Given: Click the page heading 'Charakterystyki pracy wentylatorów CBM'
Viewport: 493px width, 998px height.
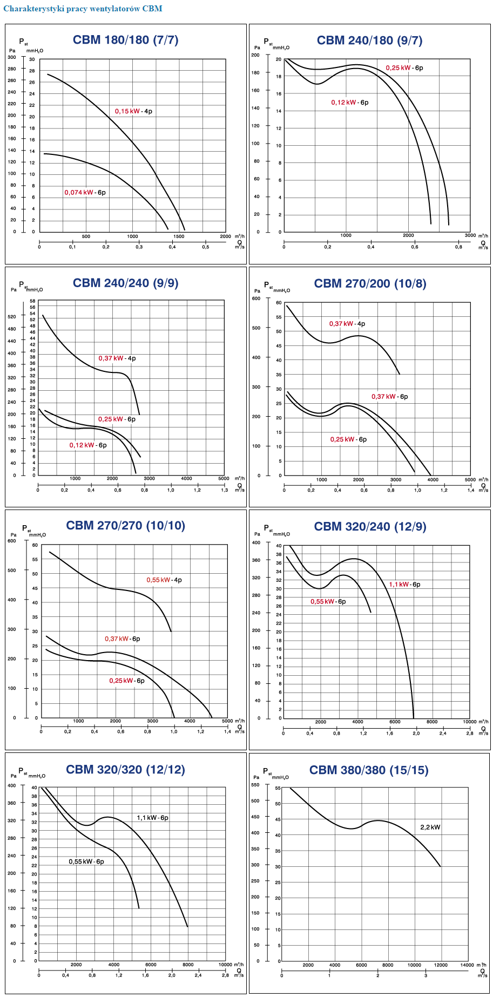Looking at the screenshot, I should coord(83,9).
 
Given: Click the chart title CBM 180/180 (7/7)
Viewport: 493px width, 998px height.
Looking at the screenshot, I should coord(126,40).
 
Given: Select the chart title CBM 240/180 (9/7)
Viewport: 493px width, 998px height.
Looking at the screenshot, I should coord(369,40).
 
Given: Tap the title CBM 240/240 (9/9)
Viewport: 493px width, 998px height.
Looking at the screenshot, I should coord(126,283).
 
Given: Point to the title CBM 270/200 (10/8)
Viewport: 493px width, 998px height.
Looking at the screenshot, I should coord(370,283).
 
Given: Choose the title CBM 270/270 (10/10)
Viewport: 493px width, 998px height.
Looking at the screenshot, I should coord(125,526).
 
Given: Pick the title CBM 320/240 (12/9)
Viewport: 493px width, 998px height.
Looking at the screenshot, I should coord(370,527).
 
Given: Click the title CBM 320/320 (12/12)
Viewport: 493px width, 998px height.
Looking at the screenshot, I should coord(125,770).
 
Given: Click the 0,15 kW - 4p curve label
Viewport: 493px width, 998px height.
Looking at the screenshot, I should coord(133,111).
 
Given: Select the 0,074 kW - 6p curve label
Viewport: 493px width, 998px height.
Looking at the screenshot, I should coord(85,193).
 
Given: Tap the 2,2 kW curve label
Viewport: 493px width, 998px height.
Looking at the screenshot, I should coord(430,827).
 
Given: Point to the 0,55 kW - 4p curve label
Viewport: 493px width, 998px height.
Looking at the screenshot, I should coord(164,580).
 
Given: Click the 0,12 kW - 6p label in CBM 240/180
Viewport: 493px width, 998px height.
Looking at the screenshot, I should coord(350,103).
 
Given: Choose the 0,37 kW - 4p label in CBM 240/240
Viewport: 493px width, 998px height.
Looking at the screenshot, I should coord(117,358).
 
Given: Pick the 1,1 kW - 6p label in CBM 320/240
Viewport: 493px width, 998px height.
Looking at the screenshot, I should coord(404,585).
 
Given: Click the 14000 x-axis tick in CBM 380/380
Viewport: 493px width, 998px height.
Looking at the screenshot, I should coord(467,965).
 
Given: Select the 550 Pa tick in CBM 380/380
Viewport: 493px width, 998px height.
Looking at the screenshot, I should coord(255,785).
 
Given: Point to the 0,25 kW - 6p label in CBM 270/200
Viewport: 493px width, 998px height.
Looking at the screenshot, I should coord(348,439).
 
